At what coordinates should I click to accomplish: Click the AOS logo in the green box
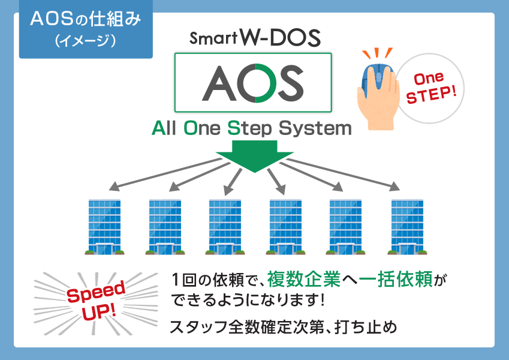pos(253,83)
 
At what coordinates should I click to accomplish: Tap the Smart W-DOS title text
pos(255,38)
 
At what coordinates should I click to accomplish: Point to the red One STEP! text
pos(431,88)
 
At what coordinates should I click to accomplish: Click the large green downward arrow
pos(255,156)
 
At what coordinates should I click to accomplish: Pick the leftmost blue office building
pos(104,226)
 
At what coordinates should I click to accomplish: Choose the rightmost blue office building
pos(408,226)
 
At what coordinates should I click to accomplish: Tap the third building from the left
pos(225,226)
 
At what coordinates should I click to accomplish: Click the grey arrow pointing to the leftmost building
pos(165,174)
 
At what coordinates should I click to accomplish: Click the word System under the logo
pos(315,128)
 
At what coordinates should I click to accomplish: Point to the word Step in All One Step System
pos(249,128)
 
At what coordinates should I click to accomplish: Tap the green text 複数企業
pos(304,279)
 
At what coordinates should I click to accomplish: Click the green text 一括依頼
pos(396,279)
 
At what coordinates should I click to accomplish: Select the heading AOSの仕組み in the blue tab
pos(86,19)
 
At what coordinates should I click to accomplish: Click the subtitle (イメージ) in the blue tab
pos(86,41)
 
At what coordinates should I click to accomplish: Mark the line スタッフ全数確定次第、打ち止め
pos(283,327)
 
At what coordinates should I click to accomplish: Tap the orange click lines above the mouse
pos(378,53)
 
